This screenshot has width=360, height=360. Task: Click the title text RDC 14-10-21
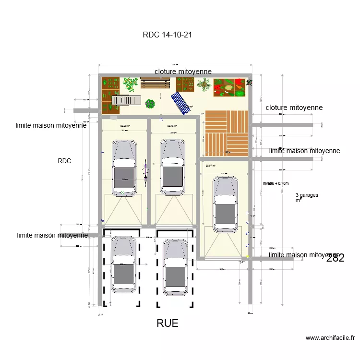(168, 35)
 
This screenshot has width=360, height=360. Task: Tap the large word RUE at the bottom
(168, 324)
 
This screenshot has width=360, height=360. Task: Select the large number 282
(335, 258)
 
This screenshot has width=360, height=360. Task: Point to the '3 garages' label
(307, 195)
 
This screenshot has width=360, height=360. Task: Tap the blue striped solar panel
(181, 103)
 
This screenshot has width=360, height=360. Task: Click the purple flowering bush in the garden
(150, 103)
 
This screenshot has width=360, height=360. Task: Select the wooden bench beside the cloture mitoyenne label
(156, 84)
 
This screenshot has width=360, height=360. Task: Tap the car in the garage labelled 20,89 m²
(124, 168)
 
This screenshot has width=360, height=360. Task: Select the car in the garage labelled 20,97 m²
(225, 203)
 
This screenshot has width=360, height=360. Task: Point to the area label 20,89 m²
(125, 126)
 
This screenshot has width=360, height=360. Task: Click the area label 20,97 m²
(211, 166)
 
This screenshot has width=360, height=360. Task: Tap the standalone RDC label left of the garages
(64, 161)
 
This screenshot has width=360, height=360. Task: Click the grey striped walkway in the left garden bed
(126, 100)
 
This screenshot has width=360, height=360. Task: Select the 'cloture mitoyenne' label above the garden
(183, 72)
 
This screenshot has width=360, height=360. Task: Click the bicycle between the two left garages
(146, 170)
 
